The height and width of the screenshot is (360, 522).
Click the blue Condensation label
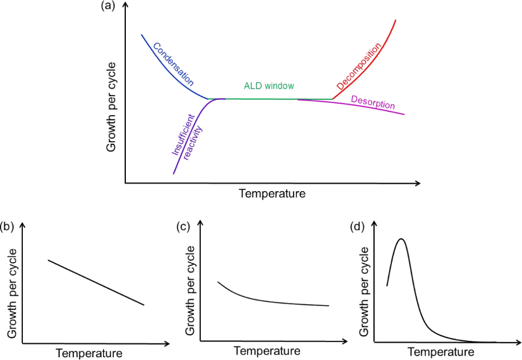(173, 64)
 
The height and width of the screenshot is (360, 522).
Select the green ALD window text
(269, 86)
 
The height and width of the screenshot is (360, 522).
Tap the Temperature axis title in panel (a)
(272, 193)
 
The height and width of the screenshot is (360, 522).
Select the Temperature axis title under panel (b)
(89, 353)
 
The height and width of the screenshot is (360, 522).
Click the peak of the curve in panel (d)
(401, 238)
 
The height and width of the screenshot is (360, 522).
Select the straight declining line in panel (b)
(96, 282)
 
